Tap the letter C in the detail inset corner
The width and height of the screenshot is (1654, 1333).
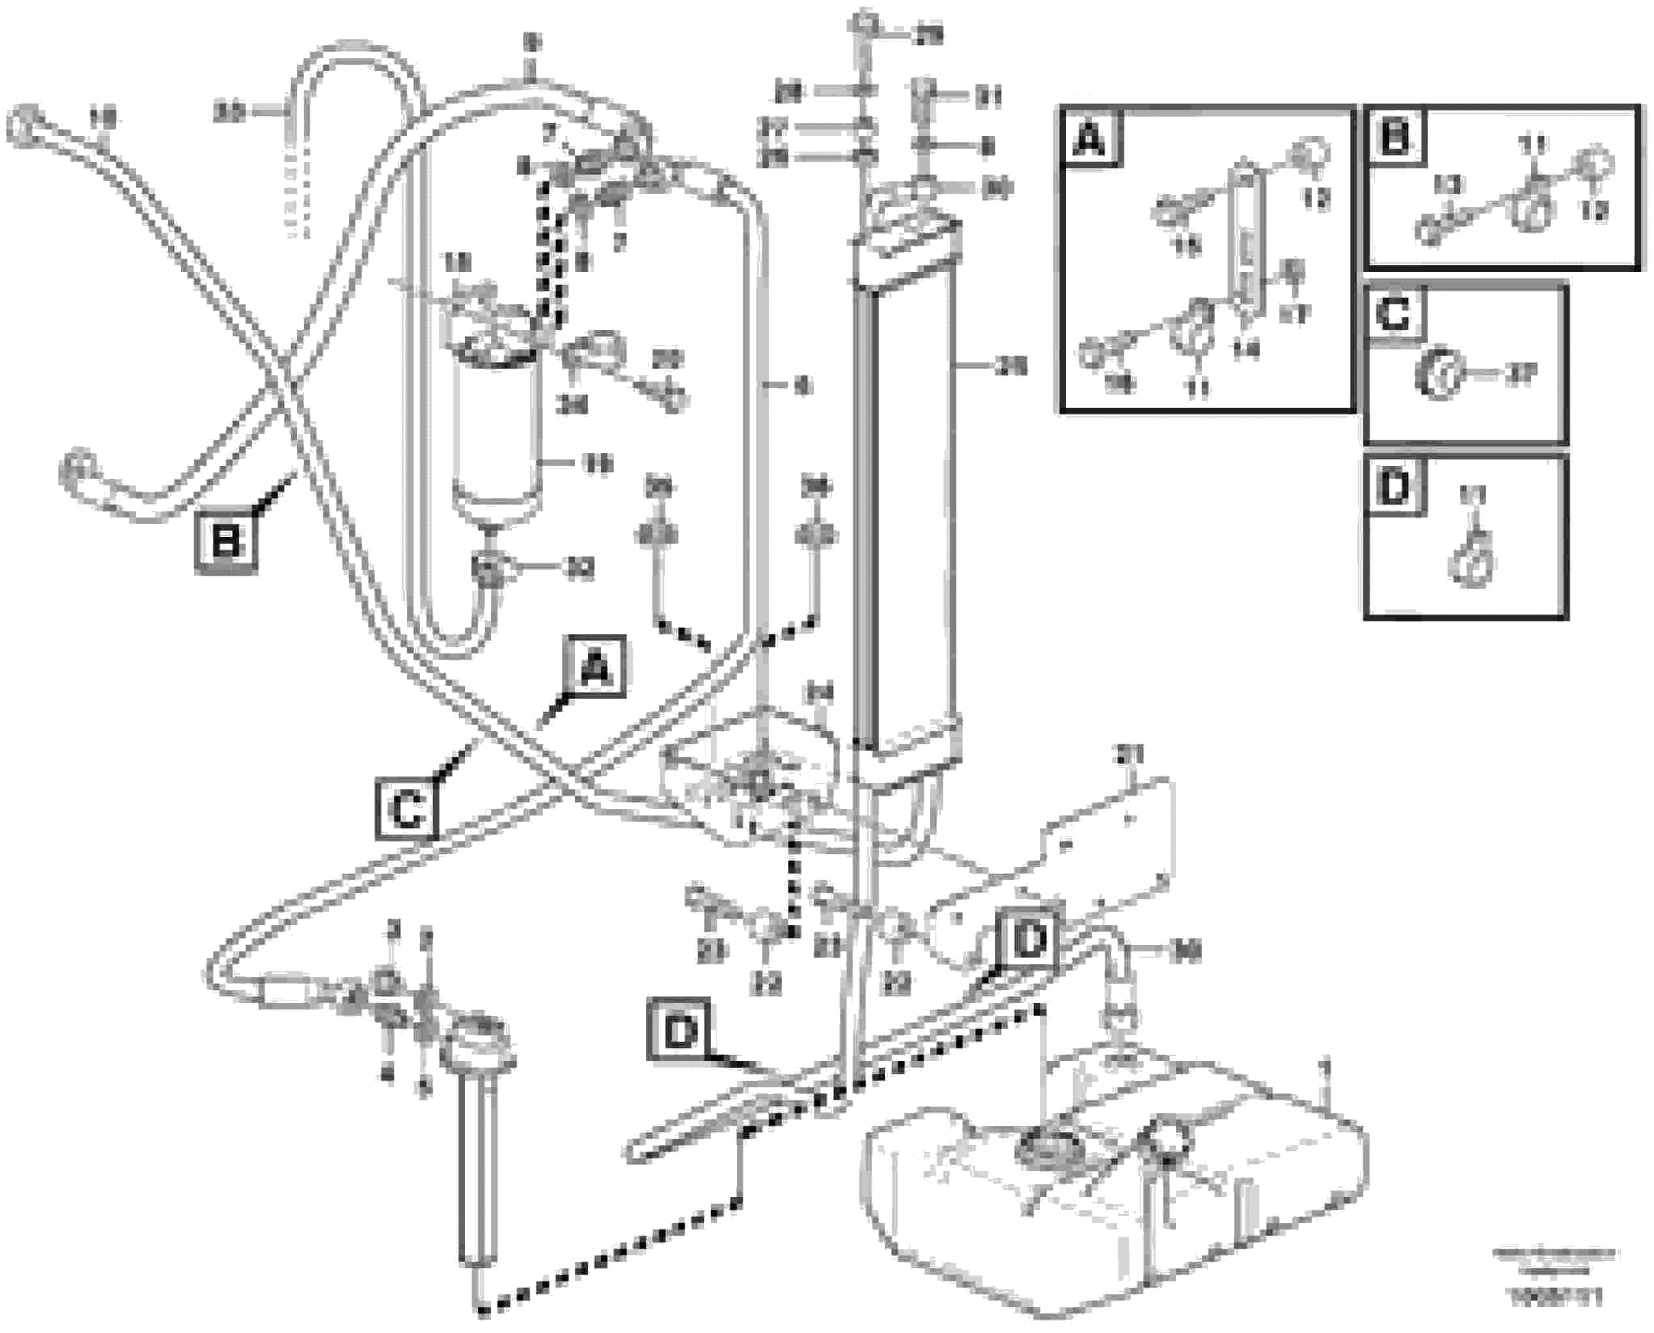(1394, 313)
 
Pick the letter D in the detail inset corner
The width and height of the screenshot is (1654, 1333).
(1394, 486)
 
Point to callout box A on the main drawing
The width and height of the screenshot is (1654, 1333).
(596, 667)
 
